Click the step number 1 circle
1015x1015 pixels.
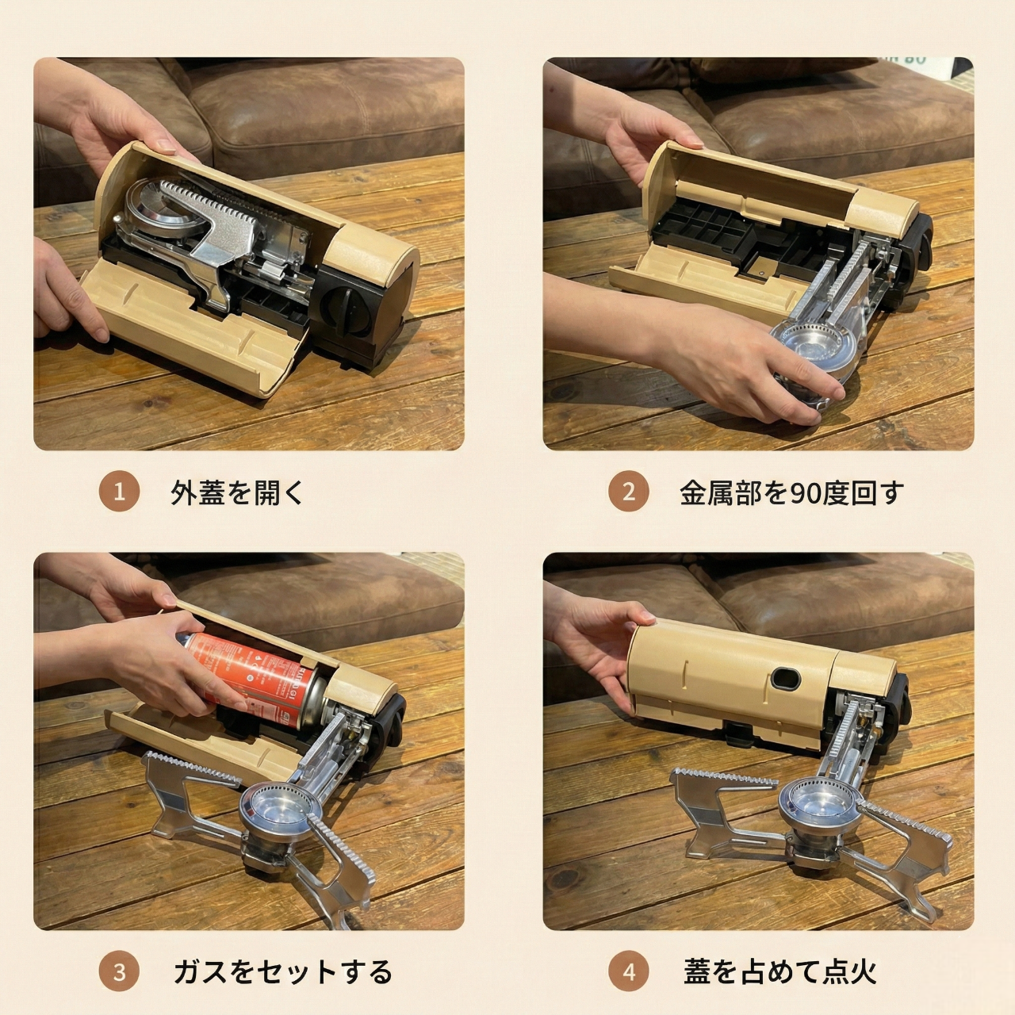(119, 492)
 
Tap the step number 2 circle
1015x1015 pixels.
(628, 492)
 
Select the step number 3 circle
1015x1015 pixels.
(119, 971)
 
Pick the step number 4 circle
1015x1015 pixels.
(628, 971)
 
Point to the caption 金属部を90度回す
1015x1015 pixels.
(791, 492)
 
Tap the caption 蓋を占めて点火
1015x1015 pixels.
(780, 971)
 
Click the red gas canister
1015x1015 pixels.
(262, 674)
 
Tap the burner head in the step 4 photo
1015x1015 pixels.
(809, 801)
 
